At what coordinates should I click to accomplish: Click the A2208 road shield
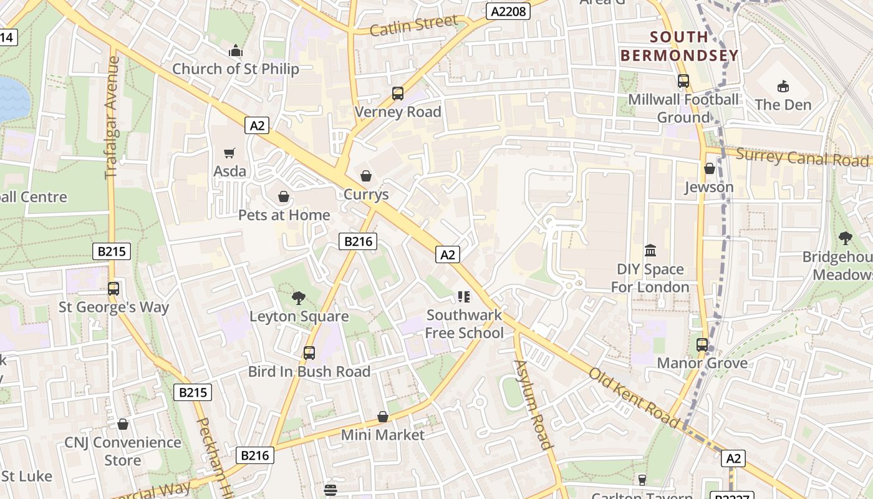click(x=508, y=11)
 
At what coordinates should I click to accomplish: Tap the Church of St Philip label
click(x=235, y=69)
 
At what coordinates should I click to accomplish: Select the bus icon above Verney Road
click(x=398, y=94)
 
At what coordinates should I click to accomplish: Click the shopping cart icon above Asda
click(x=229, y=153)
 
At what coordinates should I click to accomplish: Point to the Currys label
click(x=366, y=194)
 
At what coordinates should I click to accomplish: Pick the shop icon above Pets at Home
click(x=284, y=197)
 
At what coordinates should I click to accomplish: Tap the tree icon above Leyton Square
click(x=299, y=298)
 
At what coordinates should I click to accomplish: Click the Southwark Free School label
click(x=465, y=324)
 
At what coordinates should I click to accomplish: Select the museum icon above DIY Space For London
click(x=650, y=251)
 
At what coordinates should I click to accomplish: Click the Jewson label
click(x=709, y=187)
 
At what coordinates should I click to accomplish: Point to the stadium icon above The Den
click(x=783, y=86)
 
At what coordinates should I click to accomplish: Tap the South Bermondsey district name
click(x=679, y=46)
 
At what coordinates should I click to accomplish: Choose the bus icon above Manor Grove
click(x=702, y=344)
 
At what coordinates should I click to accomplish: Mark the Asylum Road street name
click(x=533, y=404)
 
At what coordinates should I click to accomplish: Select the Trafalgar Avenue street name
click(x=112, y=117)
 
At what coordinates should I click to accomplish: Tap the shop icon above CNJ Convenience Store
click(x=123, y=424)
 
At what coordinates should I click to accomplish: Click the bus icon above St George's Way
click(x=113, y=289)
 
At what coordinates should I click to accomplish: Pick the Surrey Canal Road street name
click(x=802, y=157)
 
